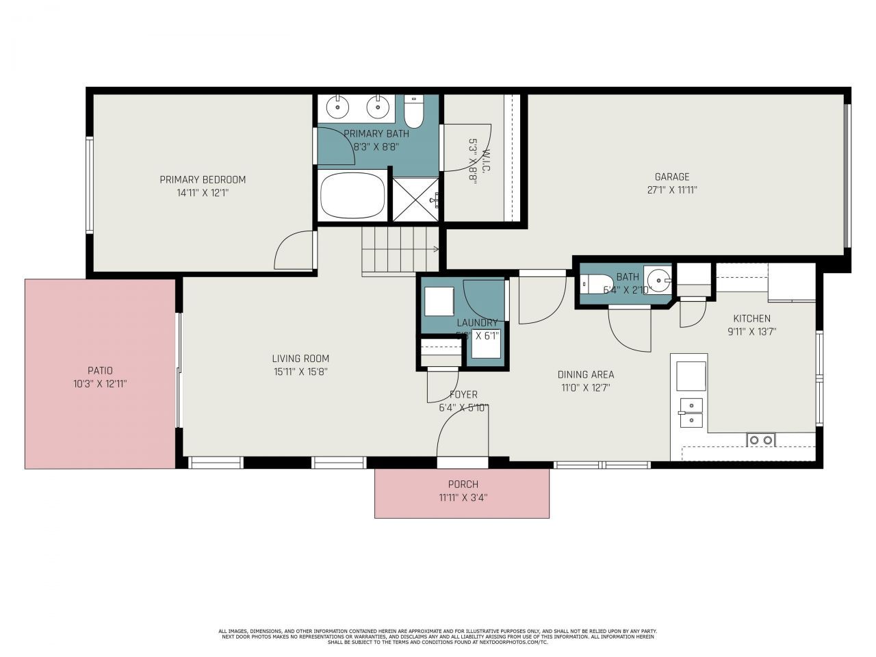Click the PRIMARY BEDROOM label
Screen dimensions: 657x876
203,179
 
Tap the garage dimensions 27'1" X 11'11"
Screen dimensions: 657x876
672,190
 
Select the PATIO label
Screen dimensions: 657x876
100,370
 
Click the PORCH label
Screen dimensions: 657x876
463,485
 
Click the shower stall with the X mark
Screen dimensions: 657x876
415,199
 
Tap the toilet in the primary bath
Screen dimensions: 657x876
414,109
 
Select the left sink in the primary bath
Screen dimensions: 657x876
337,107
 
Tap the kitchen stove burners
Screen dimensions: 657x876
760,439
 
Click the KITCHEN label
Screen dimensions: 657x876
751,318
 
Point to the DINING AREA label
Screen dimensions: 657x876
585,374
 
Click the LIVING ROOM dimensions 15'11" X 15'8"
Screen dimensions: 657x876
300,372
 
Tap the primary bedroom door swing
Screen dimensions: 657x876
294,251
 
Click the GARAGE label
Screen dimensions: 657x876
671,177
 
